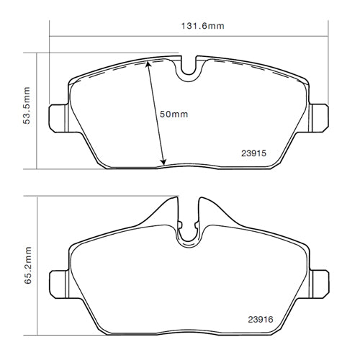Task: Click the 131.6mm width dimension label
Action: point(202,27)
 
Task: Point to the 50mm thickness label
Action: point(174,114)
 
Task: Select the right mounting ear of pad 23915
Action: point(320,117)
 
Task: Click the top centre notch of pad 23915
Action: point(189,67)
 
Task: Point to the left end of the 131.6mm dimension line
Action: point(49,37)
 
